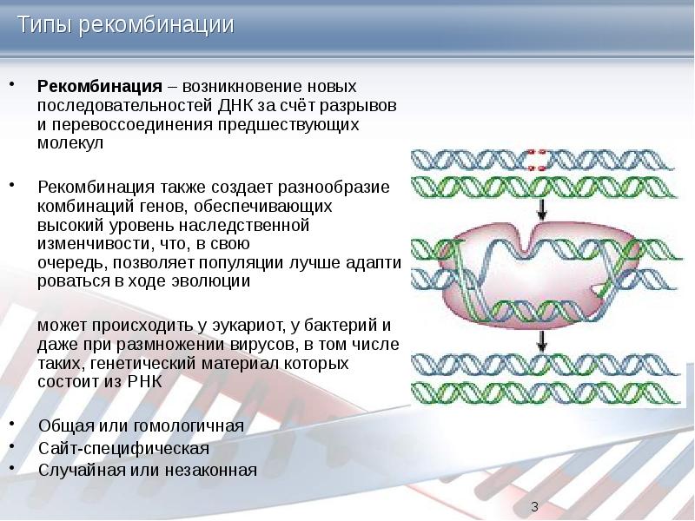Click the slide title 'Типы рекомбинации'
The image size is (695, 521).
127,25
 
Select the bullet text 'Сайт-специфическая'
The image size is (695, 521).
123,449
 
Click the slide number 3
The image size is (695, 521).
534,507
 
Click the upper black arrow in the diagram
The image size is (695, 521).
541,208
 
